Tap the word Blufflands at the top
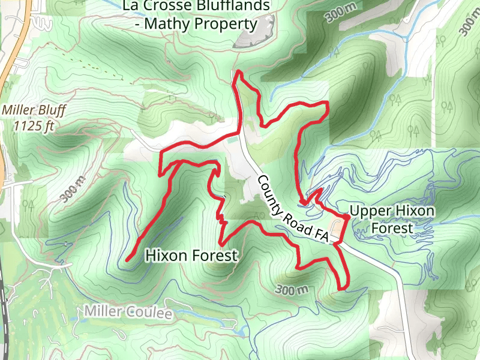pyautogui.click(x=233, y=7)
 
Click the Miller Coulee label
pyautogui.click(x=128, y=313)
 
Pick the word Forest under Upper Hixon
pyautogui.click(x=392, y=228)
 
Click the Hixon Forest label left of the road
pyautogui.click(x=191, y=256)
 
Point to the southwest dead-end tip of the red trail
pyautogui.click(x=128, y=260)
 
